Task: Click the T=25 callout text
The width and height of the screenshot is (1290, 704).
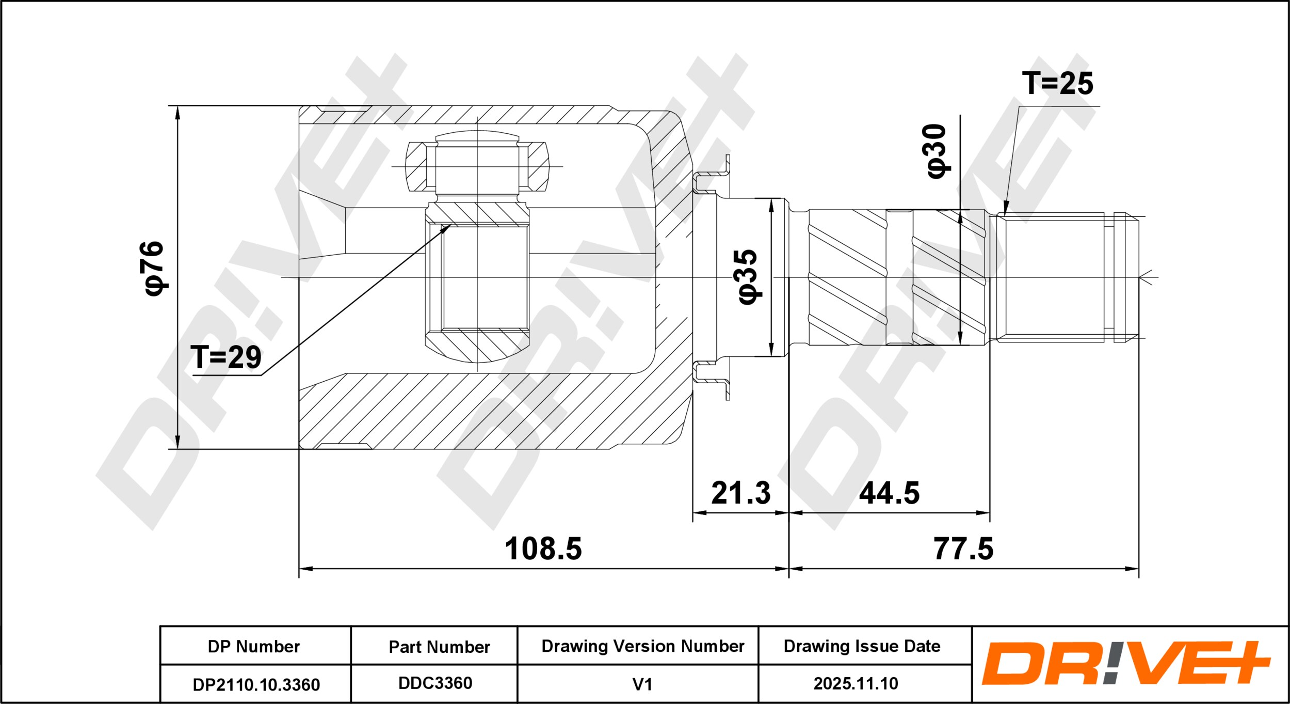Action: [1057, 83]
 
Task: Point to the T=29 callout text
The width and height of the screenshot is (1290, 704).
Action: [226, 357]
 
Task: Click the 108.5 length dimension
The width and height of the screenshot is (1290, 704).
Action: [543, 549]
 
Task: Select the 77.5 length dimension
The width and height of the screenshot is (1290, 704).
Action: [963, 549]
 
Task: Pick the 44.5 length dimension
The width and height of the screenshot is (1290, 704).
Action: [890, 493]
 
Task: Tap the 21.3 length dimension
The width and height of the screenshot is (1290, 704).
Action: [741, 493]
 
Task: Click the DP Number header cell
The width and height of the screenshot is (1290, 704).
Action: [254, 647]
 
